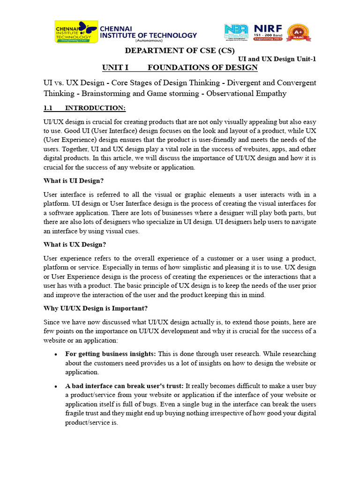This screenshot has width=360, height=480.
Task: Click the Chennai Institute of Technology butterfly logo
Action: [x=76, y=31]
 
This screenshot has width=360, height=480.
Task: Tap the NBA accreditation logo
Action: [x=237, y=32]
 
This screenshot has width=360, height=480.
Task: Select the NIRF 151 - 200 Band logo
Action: [x=268, y=32]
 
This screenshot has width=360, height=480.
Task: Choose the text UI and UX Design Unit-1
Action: [x=277, y=59]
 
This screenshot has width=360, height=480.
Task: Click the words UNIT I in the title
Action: [x=115, y=67]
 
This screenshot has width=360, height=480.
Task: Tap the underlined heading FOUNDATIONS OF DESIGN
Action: [x=202, y=67]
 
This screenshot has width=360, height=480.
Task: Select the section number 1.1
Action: [x=48, y=108]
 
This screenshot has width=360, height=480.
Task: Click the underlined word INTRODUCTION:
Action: [x=95, y=108]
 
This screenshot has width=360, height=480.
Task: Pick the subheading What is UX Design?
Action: [x=75, y=245]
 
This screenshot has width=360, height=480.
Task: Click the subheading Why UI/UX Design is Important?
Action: [x=95, y=308]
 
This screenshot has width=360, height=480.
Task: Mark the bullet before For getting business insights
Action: [x=56, y=354]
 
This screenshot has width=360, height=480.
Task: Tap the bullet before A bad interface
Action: [x=56, y=386]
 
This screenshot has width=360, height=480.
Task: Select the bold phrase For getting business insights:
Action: [x=111, y=353]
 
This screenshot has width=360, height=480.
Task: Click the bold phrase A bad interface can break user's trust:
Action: [x=125, y=386]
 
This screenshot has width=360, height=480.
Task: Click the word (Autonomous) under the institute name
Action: [x=148, y=41]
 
